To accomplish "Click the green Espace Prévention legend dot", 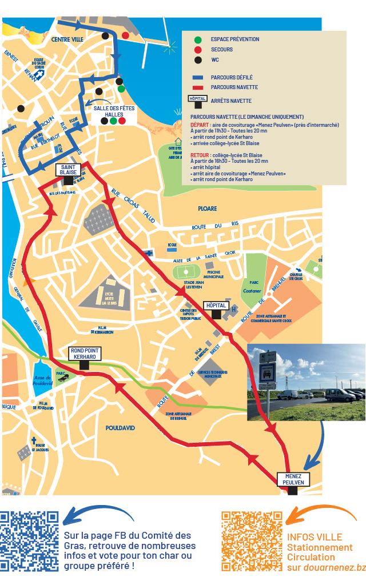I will [x=197, y=39].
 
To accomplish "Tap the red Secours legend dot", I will [x=197, y=50].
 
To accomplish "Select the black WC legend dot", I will [x=197, y=60].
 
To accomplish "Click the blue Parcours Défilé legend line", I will [x=197, y=77].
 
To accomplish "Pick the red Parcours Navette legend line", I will [x=197, y=87].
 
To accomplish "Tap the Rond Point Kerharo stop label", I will [x=85, y=353].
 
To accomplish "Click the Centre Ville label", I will [x=67, y=39].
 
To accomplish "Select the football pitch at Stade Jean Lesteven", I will [x=186, y=270].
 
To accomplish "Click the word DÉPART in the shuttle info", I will [x=198, y=125].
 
